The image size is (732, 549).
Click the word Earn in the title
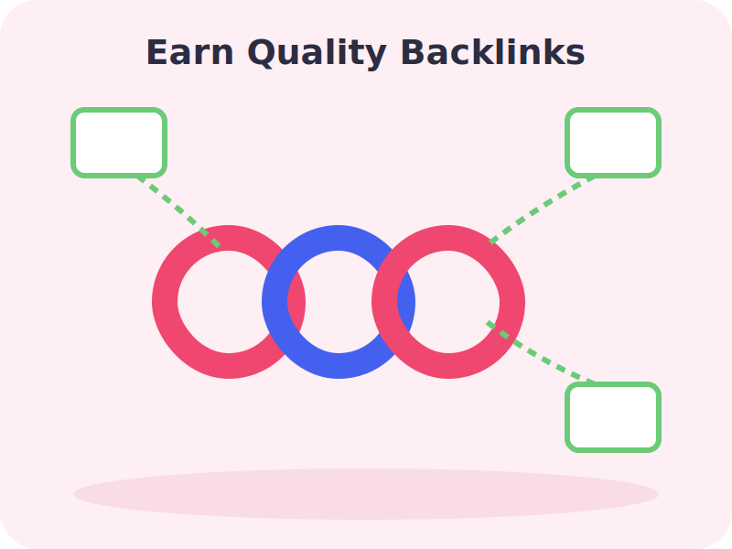pos(190,53)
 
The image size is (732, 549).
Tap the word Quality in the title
pos(317,54)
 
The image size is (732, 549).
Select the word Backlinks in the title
pos(493,52)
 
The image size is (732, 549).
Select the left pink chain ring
pos(165,302)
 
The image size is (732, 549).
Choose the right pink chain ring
pos(512,302)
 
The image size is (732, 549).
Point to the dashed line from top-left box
pos(178,210)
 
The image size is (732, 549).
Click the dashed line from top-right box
pos(543,209)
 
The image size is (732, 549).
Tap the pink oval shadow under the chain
pos(366,494)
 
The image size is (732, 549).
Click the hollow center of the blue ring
pos(339,302)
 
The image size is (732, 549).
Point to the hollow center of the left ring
pos(229,302)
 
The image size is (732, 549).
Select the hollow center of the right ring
pos(448,302)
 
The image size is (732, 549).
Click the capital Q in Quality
pos(261,53)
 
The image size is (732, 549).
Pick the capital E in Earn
pos(156,53)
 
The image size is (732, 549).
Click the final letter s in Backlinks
pos(576,56)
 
